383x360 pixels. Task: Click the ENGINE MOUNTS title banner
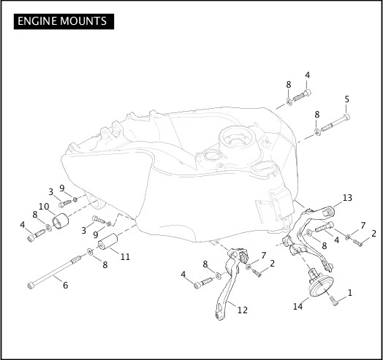pyautogui.click(x=64, y=21)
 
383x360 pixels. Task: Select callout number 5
pyautogui.click(x=347, y=99)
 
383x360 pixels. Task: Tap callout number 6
pyautogui.click(x=66, y=285)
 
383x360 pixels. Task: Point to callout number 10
pyautogui.click(x=44, y=207)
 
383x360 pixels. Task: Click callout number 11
pyautogui.click(x=125, y=256)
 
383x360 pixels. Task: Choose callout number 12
pyautogui.click(x=243, y=310)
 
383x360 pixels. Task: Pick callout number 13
pyautogui.click(x=347, y=197)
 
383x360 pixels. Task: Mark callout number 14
pyautogui.click(x=297, y=306)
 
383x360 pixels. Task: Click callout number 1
pyautogui.click(x=350, y=292)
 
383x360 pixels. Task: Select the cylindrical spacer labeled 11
pyautogui.click(x=107, y=241)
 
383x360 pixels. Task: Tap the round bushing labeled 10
pyautogui.click(x=61, y=221)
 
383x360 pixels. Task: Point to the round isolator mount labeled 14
pyautogui.click(x=320, y=286)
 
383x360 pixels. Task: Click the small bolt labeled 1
pyautogui.click(x=334, y=301)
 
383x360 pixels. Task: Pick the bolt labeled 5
pyautogui.click(x=335, y=122)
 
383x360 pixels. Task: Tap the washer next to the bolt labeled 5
pyautogui.click(x=317, y=131)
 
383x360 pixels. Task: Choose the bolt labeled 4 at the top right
pyautogui.click(x=302, y=96)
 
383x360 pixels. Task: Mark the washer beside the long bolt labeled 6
pyautogui.click(x=90, y=252)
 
